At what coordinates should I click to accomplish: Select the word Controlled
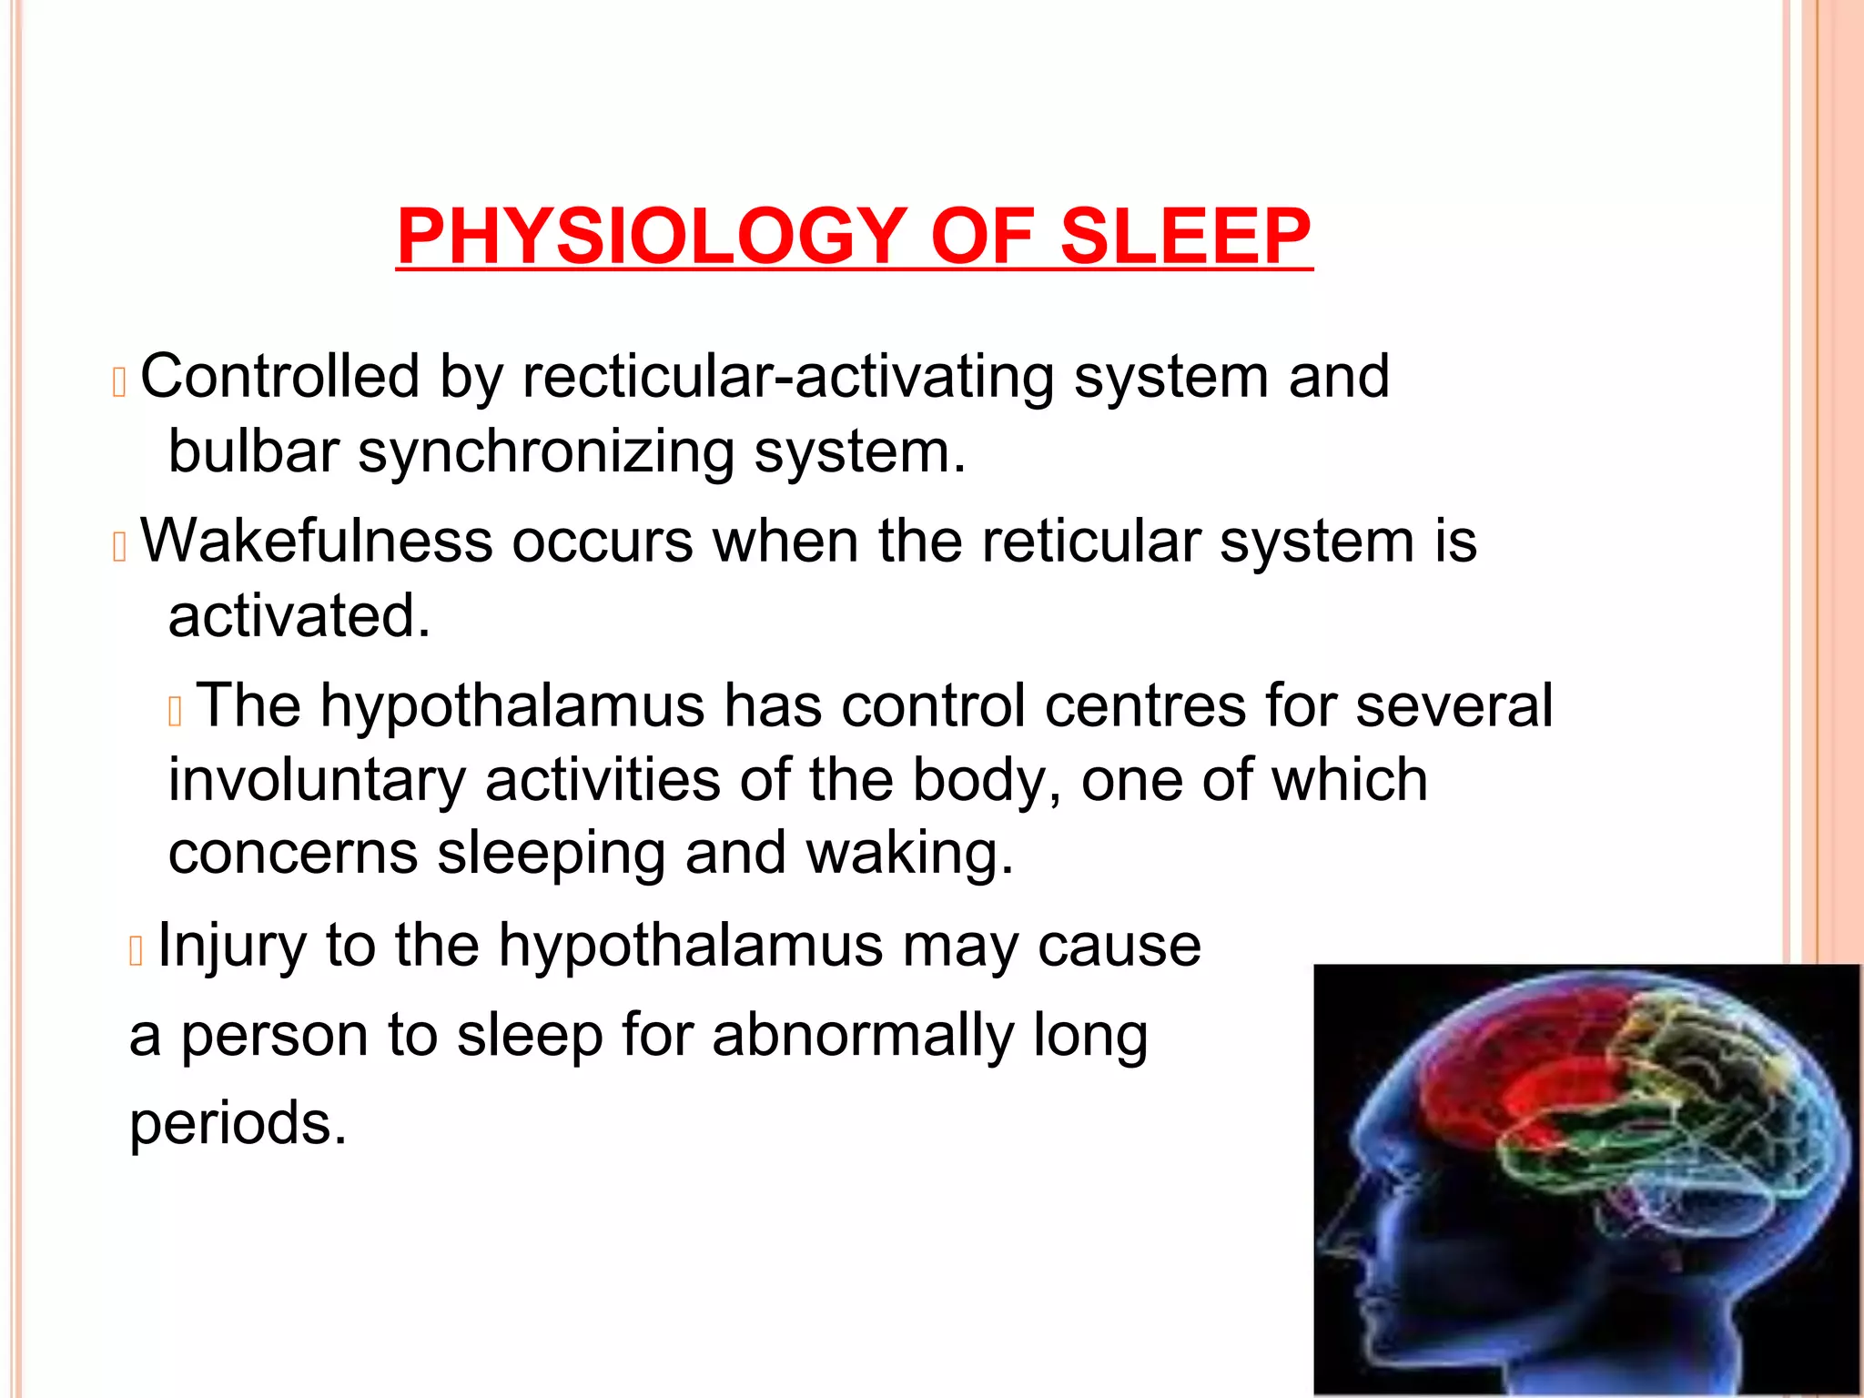click(280, 376)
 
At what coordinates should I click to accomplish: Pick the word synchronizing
click(546, 452)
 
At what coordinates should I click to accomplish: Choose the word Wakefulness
click(315, 541)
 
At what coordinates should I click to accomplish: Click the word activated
click(299, 616)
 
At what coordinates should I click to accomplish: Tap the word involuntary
click(317, 781)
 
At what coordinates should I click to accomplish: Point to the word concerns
click(293, 854)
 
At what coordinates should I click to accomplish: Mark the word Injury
click(231, 947)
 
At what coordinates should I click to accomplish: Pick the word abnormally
click(862, 1037)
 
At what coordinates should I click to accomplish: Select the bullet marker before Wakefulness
click(118, 547)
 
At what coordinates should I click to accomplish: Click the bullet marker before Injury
click(137, 952)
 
